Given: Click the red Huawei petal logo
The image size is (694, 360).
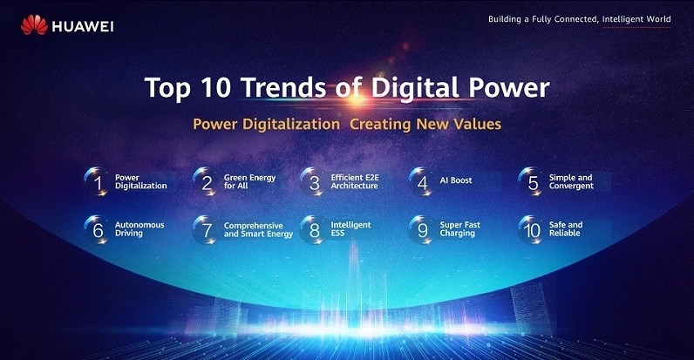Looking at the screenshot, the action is (x=34, y=24).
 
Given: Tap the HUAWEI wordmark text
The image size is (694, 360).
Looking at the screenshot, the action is (x=83, y=27).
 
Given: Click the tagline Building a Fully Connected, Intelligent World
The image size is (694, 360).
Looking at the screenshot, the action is (x=580, y=19).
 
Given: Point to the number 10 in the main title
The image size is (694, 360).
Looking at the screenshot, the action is (x=216, y=87).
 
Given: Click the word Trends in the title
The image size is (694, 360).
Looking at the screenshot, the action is (x=283, y=87).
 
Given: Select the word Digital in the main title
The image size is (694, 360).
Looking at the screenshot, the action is (x=415, y=87).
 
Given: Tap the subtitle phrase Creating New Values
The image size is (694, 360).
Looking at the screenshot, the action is (x=425, y=125).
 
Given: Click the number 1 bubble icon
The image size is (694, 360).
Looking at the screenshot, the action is (x=97, y=182).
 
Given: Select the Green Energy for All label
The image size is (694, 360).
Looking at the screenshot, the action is (x=249, y=181).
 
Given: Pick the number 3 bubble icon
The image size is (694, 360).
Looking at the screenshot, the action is (x=313, y=182).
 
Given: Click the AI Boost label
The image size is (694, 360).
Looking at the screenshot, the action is (x=456, y=180).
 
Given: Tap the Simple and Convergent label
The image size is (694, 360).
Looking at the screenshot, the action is (x=571, y=181).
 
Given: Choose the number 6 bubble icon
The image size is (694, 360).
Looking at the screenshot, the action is (x=97, y=229).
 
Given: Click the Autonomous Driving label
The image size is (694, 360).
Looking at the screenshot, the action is (x=139, y=229).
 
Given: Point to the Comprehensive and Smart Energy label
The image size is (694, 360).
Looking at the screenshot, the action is (x=258, y=230).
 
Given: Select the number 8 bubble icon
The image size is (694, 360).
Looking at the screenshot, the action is (x=313, y=229).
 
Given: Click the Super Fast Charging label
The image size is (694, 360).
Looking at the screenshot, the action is (x=459, y=229).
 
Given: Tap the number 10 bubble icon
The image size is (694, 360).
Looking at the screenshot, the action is (x=531, y=229).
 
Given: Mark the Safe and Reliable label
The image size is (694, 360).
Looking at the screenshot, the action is (x=566, y=229).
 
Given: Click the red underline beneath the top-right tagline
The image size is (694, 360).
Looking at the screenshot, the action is (x=636, y=27).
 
